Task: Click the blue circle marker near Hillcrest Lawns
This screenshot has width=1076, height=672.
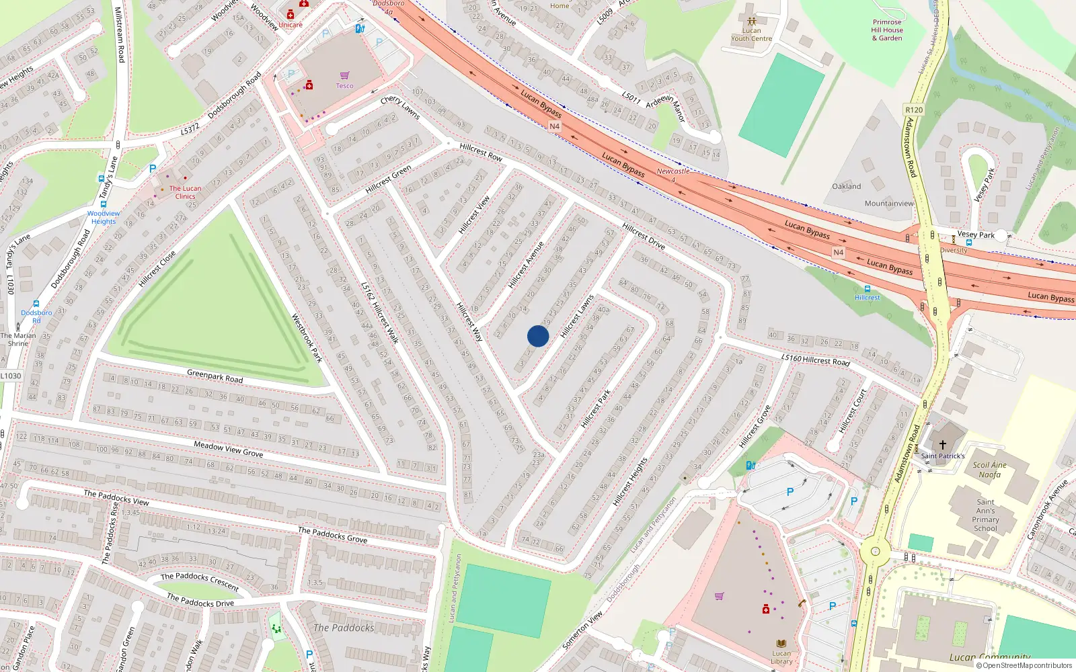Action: (x=538, y=336)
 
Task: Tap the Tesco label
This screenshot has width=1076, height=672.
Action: (x=344, y=86)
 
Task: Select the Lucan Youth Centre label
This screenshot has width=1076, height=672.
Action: (x=751, y=34)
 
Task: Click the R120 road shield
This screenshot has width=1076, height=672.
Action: (x=914, y=110)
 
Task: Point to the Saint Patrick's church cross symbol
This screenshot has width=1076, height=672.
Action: (x=943, y=444)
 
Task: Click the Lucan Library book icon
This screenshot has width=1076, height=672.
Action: (x=781, y=643)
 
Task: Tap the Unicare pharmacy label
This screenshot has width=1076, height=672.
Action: (x=291, y=25)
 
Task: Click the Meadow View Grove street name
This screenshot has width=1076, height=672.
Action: (x=228, y=449)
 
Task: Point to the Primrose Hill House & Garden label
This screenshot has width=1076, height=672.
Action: (x=887, y=30)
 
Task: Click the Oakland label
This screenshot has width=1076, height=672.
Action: (x=846, y=186)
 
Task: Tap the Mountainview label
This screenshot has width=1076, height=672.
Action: (x=889, y=203)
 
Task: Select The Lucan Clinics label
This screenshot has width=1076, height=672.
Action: (x=185, y=192)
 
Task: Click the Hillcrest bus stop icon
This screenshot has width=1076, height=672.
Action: (x=868, y=289)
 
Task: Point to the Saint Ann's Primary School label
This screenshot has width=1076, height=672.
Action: (x=985, y=515)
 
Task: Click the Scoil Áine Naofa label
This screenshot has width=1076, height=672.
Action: (x=990, y=469)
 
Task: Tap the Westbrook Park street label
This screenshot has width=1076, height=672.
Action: (x=307, y=338)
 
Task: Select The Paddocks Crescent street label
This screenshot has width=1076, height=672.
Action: (x=200, y=581)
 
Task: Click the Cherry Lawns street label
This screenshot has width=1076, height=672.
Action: (x=400, y=108)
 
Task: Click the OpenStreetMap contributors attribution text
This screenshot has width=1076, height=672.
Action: (x=1027, y=666)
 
